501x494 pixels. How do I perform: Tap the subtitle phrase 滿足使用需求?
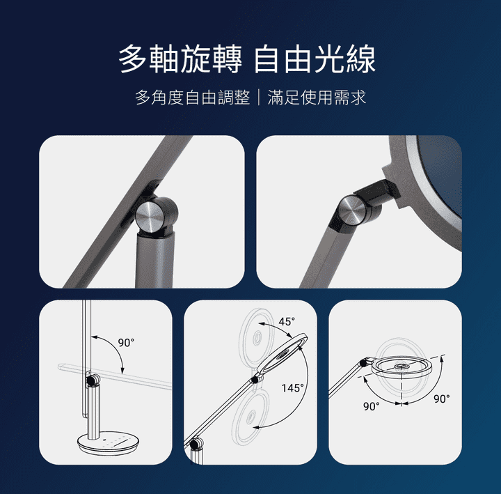click(317, 98)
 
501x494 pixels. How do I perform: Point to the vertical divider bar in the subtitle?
click(259, 98)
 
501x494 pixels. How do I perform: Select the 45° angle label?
click(287, 322)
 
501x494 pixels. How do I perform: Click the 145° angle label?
click(292, 388)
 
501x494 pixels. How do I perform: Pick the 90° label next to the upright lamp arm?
click(126, 342)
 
